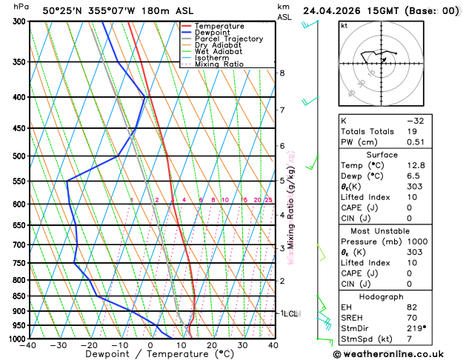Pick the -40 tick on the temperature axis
click(29, 345)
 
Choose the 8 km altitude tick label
click(282, 73)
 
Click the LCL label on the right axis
click(290, 313)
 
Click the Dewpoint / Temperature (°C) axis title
click(151, 355)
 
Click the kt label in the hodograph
click(344, 26)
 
